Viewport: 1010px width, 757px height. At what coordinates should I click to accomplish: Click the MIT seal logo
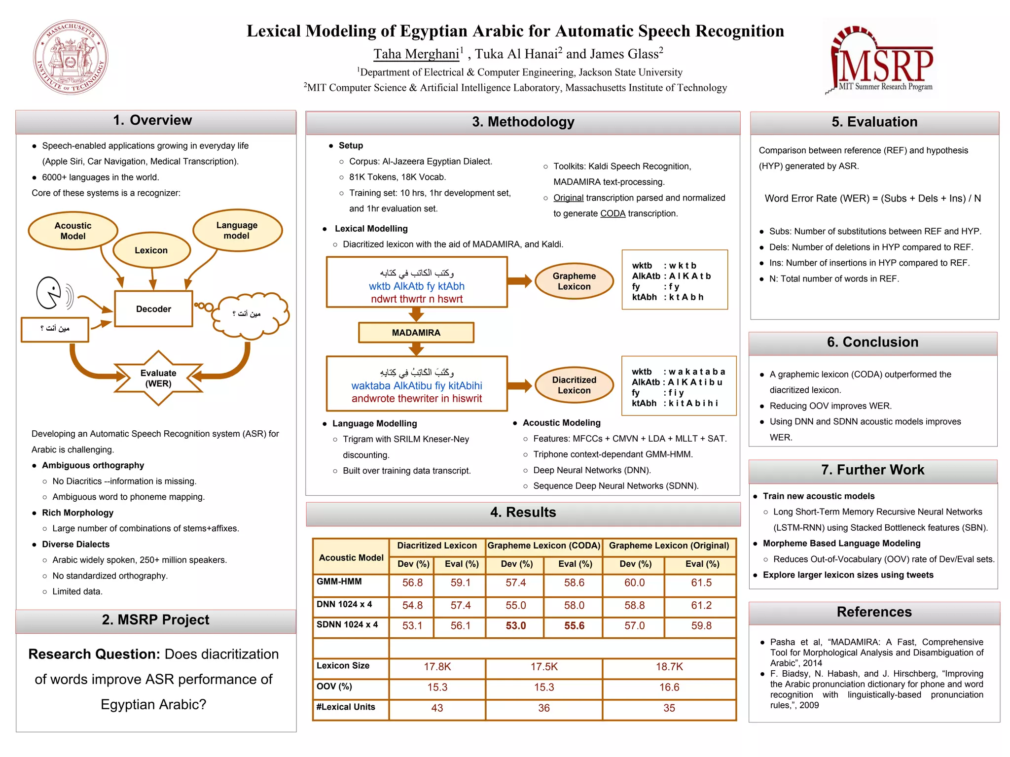71,57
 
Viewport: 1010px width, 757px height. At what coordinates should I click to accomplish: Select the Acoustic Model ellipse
73,231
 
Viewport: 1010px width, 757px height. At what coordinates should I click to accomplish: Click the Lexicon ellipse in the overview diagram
151,250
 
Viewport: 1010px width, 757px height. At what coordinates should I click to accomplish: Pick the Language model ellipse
237,230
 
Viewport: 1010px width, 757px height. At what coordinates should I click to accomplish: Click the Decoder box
153,309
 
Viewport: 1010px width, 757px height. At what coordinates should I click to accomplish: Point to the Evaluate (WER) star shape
158,378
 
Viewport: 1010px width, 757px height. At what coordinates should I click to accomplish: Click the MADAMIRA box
416,333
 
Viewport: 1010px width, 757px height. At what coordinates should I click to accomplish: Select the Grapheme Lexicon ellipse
574,281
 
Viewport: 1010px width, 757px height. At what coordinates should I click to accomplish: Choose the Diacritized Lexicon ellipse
574,385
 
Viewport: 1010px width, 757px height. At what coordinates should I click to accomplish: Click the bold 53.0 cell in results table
515,626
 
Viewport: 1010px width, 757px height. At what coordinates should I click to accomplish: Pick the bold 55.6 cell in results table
574,626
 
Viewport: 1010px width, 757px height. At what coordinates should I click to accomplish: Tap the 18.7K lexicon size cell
669,667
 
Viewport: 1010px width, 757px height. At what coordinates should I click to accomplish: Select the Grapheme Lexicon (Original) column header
669,546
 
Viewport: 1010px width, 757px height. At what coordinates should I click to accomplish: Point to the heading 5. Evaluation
874,122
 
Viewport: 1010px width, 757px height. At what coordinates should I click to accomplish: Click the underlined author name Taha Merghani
416,54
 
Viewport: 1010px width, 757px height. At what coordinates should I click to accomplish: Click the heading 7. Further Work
872,470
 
